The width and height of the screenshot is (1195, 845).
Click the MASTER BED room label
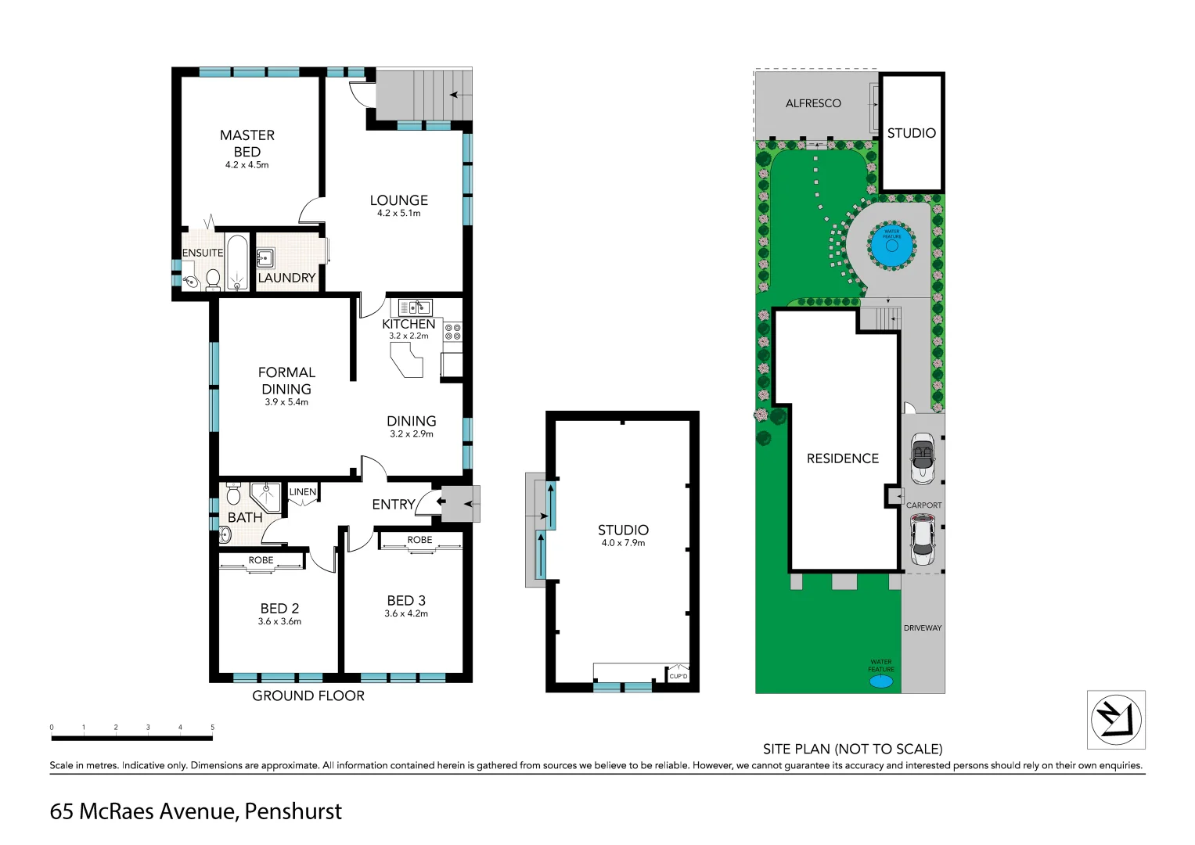click(247, 143)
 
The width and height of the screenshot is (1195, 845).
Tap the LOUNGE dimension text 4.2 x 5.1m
click(398, 213)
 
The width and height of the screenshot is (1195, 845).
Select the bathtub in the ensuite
click(236, 262)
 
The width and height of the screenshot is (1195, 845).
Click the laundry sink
click(265, 257)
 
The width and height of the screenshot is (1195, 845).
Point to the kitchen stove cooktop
click(452, 332)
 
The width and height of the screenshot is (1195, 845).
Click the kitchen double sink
click(415, 307)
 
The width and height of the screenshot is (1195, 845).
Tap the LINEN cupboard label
click(303, 492)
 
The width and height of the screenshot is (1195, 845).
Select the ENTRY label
click(393, 505)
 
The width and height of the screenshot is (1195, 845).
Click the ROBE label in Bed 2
click(261, 560)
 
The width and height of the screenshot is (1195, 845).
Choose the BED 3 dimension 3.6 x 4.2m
click(406, 613)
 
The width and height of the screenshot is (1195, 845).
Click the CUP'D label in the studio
click(678, 676)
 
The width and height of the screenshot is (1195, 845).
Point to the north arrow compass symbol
click(1115, 719)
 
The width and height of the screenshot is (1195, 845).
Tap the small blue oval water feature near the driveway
click(881, 681)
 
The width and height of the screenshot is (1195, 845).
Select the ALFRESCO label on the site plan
click(813, 103)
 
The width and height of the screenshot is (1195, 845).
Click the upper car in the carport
click(923, 458)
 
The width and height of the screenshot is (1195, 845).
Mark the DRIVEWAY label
click(923, 627)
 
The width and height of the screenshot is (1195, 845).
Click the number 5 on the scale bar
click(212, 728)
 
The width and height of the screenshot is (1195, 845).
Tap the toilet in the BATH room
click(233, 494)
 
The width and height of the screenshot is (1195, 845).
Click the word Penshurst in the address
click(293, 811)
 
